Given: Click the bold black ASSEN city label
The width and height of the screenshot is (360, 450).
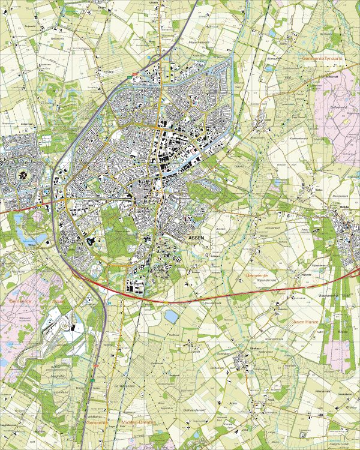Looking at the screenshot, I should click(196, 238).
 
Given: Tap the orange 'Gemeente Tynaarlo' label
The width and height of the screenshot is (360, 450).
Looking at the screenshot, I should click(322, 58).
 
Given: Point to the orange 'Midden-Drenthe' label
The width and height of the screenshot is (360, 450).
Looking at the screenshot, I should click(139, 422).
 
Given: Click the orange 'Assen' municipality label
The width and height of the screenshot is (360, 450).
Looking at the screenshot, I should click(58, 302).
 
